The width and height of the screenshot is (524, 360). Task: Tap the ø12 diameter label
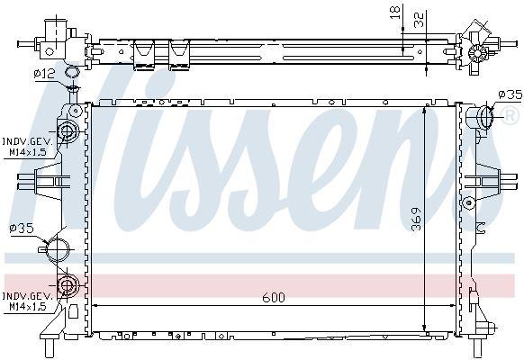(43, 73)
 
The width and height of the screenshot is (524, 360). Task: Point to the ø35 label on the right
(510, 94)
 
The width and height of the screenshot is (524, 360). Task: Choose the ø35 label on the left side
(22, 229)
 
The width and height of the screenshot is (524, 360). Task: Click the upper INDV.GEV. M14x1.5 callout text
(26, 146)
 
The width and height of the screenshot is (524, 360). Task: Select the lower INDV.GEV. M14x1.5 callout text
(26, 301)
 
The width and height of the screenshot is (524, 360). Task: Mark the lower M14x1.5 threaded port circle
(67, 288)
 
